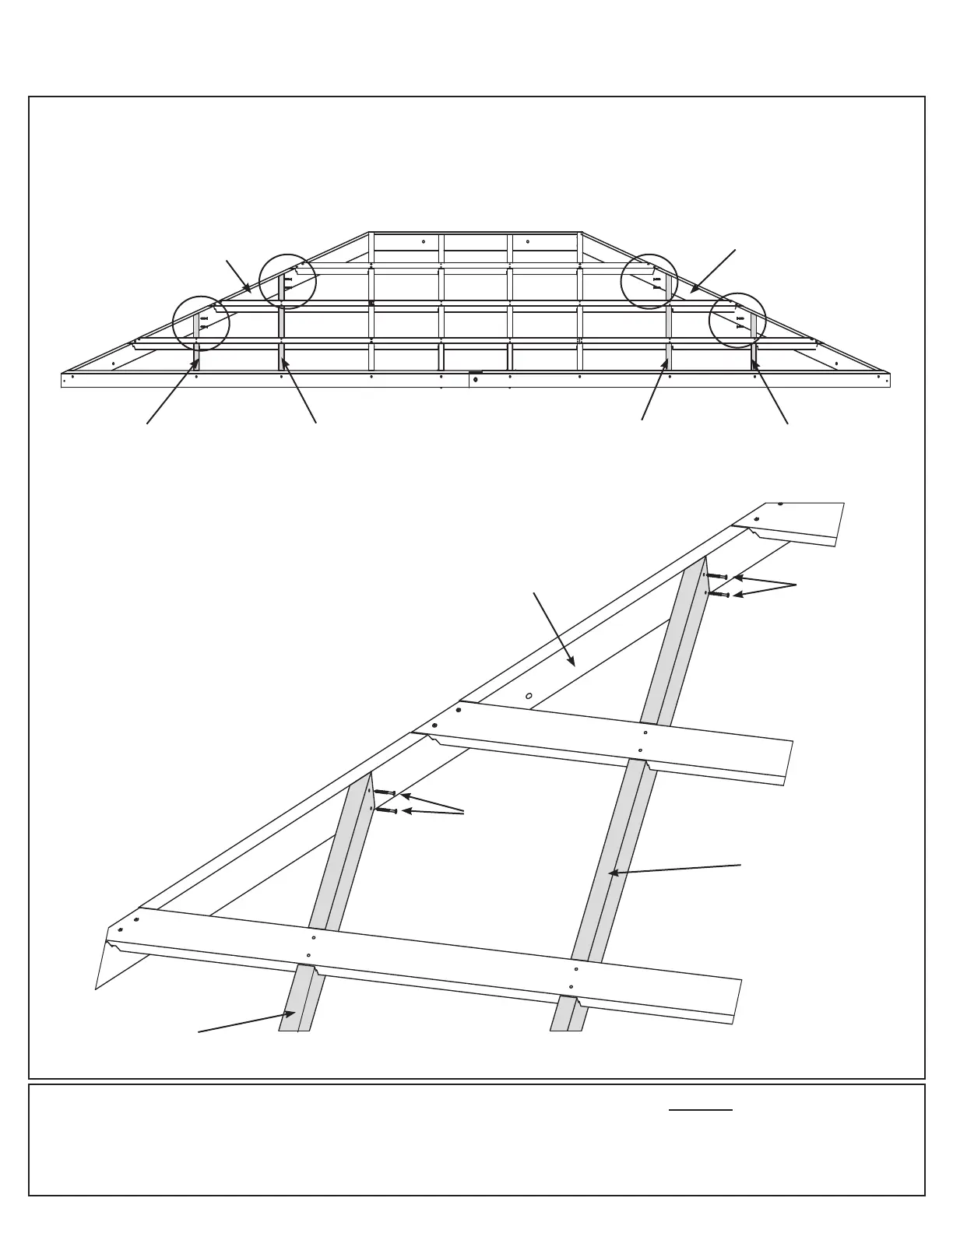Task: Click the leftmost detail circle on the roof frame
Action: (201, 323)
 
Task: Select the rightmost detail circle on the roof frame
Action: (737, 321)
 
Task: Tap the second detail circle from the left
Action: (287, 282)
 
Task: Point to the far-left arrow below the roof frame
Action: (172, 392)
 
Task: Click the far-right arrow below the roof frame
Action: (770, 392)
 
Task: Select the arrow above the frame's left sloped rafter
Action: (238, 276)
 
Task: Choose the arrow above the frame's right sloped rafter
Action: (713, 272)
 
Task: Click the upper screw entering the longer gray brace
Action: (716, 576)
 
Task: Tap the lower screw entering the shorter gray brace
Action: (386, 810)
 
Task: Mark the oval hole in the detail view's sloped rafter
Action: (529, 696)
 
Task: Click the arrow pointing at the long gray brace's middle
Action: (674, 869)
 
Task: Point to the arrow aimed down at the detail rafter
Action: (554, 630)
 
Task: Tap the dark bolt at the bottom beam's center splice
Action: (475, 379)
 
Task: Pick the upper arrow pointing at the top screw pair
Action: (765, 581)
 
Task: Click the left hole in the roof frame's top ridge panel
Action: (423, 241)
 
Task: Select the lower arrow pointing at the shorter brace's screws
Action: (433, 813)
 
